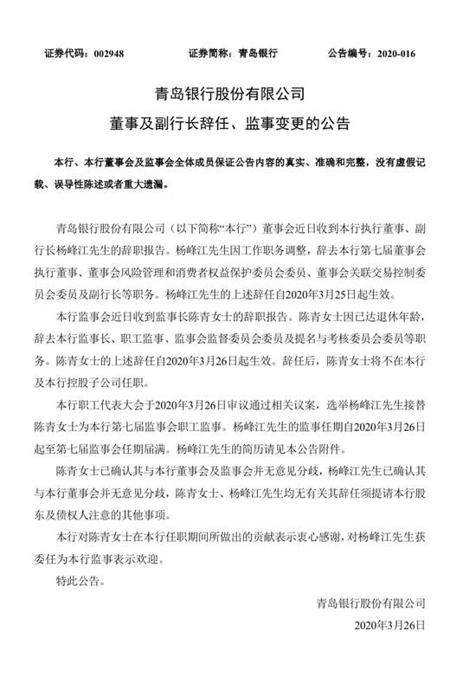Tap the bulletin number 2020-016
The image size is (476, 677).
411,53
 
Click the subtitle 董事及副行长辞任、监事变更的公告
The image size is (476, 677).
237,124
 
